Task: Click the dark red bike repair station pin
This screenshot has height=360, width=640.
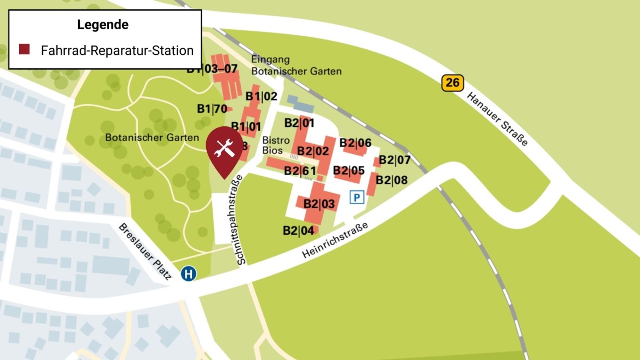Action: [225, 149]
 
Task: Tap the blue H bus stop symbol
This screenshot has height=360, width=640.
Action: [189, 273]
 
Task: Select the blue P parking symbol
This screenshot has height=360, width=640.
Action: [357, 197]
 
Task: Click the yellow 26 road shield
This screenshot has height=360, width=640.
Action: [452, 83]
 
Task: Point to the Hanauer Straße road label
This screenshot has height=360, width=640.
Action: [497, 119]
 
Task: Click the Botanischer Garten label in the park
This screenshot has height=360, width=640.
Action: [152, 138]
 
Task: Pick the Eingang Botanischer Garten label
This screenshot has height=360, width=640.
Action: [296, 65]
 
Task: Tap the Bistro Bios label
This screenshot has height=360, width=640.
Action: [276, 145]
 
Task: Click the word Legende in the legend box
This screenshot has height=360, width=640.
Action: [103, 24]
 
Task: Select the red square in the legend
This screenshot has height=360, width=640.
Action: [24, 50]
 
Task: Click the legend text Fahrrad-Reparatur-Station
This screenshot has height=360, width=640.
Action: [117, 50]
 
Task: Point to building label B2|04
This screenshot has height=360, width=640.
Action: [298, 230]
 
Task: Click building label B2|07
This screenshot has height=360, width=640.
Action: [394, 160]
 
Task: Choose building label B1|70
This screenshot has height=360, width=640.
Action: [212, 109]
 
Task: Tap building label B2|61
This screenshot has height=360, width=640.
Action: [300, 171]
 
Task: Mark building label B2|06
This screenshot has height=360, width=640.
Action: [355, 143]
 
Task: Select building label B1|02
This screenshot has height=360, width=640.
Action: [261, 97]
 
